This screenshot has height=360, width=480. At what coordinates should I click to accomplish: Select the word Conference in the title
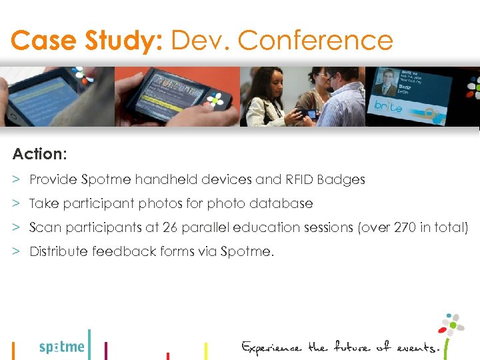tap(315, 41)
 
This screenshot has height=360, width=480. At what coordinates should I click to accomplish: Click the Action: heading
tap(39, 154)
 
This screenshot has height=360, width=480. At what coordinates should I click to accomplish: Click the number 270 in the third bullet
tap(402, 227)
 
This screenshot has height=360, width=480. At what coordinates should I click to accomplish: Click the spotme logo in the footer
tap(62, 347)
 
